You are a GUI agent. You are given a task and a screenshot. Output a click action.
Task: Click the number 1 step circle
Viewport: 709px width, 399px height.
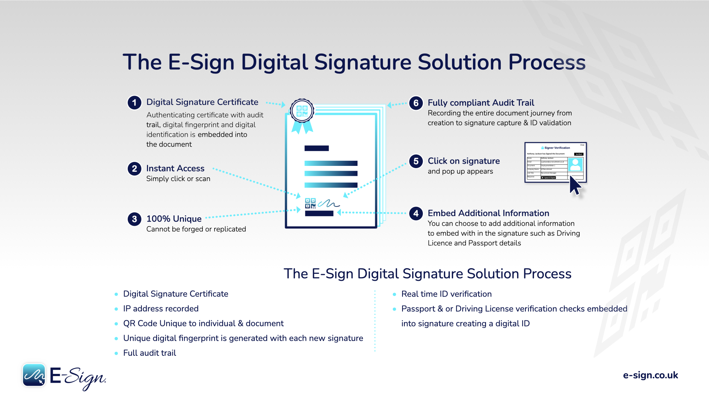point(134,102)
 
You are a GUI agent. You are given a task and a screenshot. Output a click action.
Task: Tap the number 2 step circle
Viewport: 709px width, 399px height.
point(134,169)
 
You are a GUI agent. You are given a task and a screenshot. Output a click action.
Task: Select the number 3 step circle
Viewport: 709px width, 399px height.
point(134,219)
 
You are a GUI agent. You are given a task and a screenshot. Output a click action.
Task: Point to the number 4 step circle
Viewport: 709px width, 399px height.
point(416,213)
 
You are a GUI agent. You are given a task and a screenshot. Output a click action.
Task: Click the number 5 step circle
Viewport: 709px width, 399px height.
point(416,161)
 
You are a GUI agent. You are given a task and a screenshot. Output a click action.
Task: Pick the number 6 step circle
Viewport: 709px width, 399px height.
point(416,103)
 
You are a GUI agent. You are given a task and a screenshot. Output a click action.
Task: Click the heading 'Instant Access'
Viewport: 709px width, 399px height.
point(175,168)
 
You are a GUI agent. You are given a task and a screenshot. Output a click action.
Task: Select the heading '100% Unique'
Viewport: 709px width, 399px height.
point(174,219)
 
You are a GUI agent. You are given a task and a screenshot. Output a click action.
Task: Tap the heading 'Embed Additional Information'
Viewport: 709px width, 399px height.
point(488,213)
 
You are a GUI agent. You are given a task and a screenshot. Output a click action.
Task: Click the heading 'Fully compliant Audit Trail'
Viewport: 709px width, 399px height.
point(481,103)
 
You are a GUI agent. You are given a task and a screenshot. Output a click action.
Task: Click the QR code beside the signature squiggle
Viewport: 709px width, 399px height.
point(310,203)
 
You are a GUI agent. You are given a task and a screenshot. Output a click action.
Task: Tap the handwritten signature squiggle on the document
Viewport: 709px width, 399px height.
point(329,203)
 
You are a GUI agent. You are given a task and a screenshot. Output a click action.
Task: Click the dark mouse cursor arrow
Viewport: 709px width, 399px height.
point(575,185)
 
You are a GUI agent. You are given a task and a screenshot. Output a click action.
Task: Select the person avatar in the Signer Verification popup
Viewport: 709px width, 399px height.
point(575,164)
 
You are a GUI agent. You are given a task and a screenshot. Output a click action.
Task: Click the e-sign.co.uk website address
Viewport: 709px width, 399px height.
point(650,375)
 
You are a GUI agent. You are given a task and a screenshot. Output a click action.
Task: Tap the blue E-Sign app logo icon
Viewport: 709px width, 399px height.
point(34,375)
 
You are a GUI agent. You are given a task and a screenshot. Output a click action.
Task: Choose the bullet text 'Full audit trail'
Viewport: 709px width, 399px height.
point(150,353)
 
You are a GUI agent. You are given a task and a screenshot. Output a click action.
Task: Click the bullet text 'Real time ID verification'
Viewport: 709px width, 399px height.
point(446,294)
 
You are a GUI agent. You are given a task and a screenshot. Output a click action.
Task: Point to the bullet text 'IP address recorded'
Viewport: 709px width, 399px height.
point(161,309)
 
